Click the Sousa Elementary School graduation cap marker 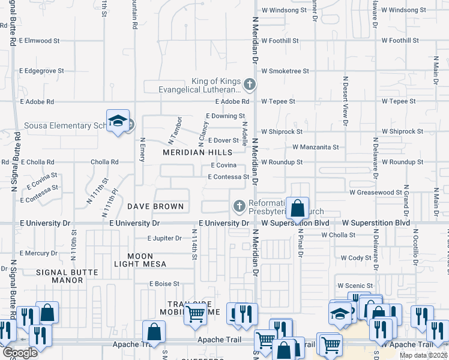(x=118, y=121)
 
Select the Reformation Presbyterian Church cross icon (x=239, y=206)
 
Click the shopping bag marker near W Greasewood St (x=297, y=209)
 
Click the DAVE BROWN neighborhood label (x=155, y=206)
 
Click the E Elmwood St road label (x=40, y=41)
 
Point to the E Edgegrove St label (x=41, y=71)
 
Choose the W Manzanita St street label (x=316, y=147)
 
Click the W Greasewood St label (x=376, y=193)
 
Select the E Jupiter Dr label (x=158, y=238)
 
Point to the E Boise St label (x=164, y=284)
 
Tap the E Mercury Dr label (x=38, y=253)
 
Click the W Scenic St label (x=355, y=286)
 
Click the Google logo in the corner (x=20, y=353)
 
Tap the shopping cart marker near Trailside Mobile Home (x=195, y=313)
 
